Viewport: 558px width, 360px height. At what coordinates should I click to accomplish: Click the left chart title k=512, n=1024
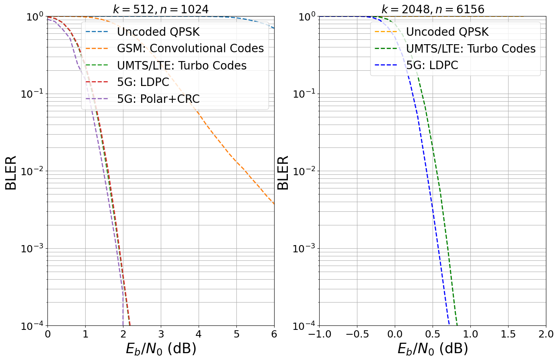[161, 9]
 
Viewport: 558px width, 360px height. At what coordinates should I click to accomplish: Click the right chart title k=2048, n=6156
[433, 9]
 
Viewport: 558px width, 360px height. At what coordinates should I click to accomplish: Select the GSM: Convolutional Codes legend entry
[190, 49]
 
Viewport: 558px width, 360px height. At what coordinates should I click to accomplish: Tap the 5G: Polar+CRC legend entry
[158, 99]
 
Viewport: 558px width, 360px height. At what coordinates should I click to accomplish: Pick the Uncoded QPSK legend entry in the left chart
[158, 32]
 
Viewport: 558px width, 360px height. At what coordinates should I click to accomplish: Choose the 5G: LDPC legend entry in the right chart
[432, 65]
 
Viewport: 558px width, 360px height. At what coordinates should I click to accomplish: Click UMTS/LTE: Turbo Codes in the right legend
[470, 49]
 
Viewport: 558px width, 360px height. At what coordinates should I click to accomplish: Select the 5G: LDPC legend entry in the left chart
[143, 82]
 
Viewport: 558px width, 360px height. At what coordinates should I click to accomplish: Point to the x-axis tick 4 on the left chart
[199, 334]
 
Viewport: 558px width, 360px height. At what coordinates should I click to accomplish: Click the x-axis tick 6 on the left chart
[274, 334]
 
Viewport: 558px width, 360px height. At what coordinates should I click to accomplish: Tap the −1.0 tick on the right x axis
[319, 334]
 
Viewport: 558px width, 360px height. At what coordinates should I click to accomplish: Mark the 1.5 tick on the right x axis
[508, 334]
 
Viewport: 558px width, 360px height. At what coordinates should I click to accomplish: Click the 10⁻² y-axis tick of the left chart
[32, 171]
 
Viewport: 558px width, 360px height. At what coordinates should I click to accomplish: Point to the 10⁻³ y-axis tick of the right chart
[304, 248]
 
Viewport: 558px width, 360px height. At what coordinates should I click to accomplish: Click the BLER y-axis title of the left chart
[11, 173]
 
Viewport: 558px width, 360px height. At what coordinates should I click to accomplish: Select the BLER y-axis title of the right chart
[283, 173]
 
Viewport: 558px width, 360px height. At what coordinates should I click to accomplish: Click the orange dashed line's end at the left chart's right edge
[274, 204]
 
